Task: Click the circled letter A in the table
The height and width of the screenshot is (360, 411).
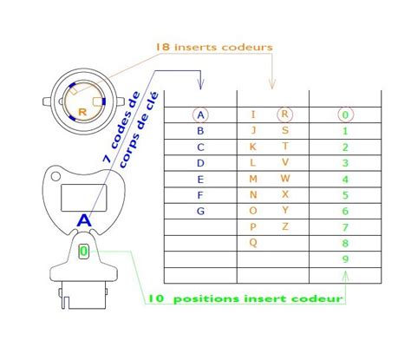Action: point(201,115)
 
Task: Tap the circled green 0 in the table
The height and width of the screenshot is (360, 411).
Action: point(345,115)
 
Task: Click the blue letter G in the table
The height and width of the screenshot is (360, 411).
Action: point(201,211)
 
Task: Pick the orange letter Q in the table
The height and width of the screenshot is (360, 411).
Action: point(252,243)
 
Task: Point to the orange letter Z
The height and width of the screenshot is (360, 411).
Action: point(284,226)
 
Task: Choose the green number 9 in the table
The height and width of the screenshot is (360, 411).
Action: point(345,259)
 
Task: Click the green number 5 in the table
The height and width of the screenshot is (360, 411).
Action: point(345,195)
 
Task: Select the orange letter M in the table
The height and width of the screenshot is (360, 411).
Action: point(253,179)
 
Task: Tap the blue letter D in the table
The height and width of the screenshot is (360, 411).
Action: point(201,163)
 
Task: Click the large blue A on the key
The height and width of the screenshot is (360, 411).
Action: point(84,221)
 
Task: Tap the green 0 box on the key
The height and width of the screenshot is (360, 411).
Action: point(83,252)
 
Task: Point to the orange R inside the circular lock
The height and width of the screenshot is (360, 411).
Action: point(82,112)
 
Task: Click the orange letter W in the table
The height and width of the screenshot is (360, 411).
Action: point(284,179)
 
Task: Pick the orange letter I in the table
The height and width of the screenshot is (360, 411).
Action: point(253,115)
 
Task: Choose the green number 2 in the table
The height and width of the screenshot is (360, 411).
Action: point(345,147)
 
